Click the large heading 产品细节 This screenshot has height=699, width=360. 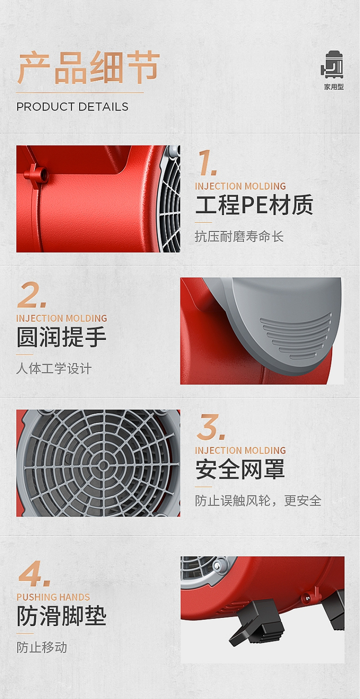coord(88,68)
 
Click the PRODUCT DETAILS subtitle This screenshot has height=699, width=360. coord(72,107)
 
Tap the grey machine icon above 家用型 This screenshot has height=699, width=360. coord(333,65)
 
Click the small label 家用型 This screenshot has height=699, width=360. coord(334,87)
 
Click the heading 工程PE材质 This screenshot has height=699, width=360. coord(254,205)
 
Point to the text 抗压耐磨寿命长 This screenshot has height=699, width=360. coord(239,236)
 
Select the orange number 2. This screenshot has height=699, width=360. coord(32,295)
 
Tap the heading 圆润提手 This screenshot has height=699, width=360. coord(61,337)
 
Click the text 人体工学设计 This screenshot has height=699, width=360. coord(54,369)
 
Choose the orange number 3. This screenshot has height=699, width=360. coord(211,427)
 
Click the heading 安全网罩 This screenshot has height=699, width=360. coord(240,470)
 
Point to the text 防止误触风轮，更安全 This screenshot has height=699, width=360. coord(258,501)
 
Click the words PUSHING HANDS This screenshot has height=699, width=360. coord(53,597)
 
